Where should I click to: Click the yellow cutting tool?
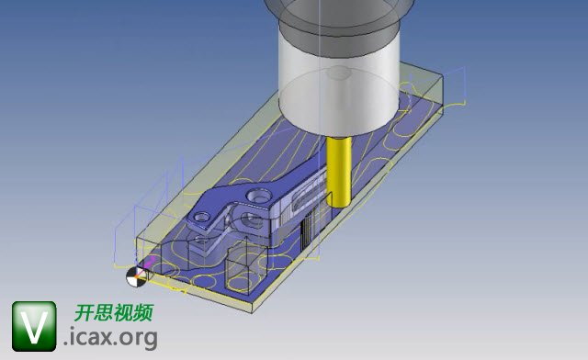(339, 172)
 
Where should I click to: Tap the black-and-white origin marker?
(136, 277)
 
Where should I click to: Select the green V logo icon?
(34, 326)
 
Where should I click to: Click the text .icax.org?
(110, 338)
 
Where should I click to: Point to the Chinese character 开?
(84, 312)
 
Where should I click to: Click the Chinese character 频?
(143, 312)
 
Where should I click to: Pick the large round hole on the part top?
(258, 196)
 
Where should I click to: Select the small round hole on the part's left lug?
(203, 217)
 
